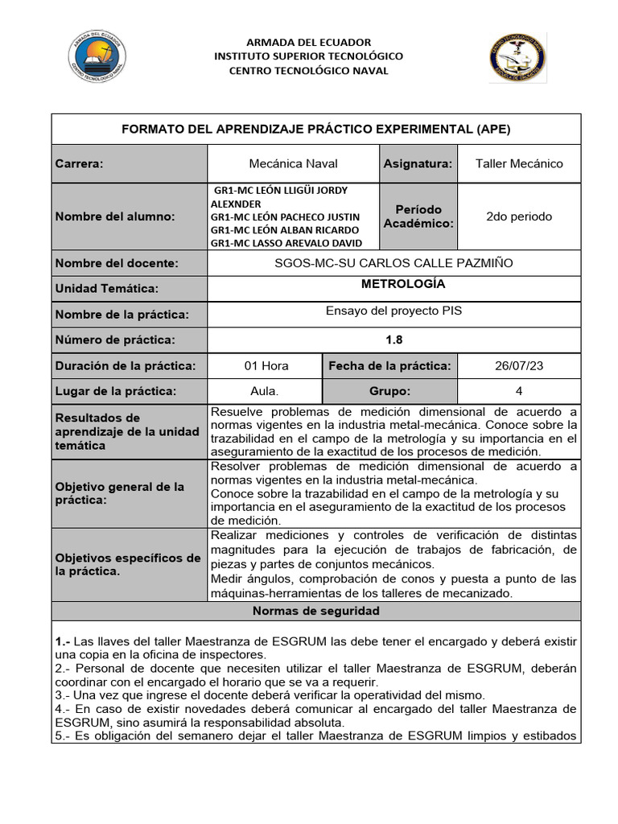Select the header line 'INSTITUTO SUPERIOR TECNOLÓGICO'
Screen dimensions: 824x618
click(x=308, y=56)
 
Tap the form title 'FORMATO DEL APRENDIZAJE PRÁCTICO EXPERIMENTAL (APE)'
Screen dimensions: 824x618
click(x=315, y=129)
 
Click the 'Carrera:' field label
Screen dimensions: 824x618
click(x=80, y=163)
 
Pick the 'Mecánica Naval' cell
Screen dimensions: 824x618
click(x=293, y=163)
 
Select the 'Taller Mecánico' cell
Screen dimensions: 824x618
click(x=519, y=163)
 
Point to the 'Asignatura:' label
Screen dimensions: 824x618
click(x=418, y=163)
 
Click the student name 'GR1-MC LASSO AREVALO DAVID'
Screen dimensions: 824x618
click(x=286, y=243)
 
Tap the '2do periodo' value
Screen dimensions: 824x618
click(x=519, y=216)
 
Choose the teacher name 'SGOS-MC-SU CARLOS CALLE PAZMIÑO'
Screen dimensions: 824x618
click(x=393, y=263)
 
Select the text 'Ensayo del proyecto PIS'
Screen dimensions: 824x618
click(x=393, y=311)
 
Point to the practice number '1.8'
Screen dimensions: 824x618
click(x=393, y=340)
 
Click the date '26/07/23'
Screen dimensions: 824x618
click(x=519, y=366)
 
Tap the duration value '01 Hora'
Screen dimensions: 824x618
click(x=266, y=366)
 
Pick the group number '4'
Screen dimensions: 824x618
click(x=519, y=391)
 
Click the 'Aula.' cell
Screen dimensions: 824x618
click(x=266, y=391)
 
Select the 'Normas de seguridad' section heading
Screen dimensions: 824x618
click(x=315, y=611)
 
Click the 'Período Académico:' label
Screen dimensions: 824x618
click(x=418, y=216)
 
